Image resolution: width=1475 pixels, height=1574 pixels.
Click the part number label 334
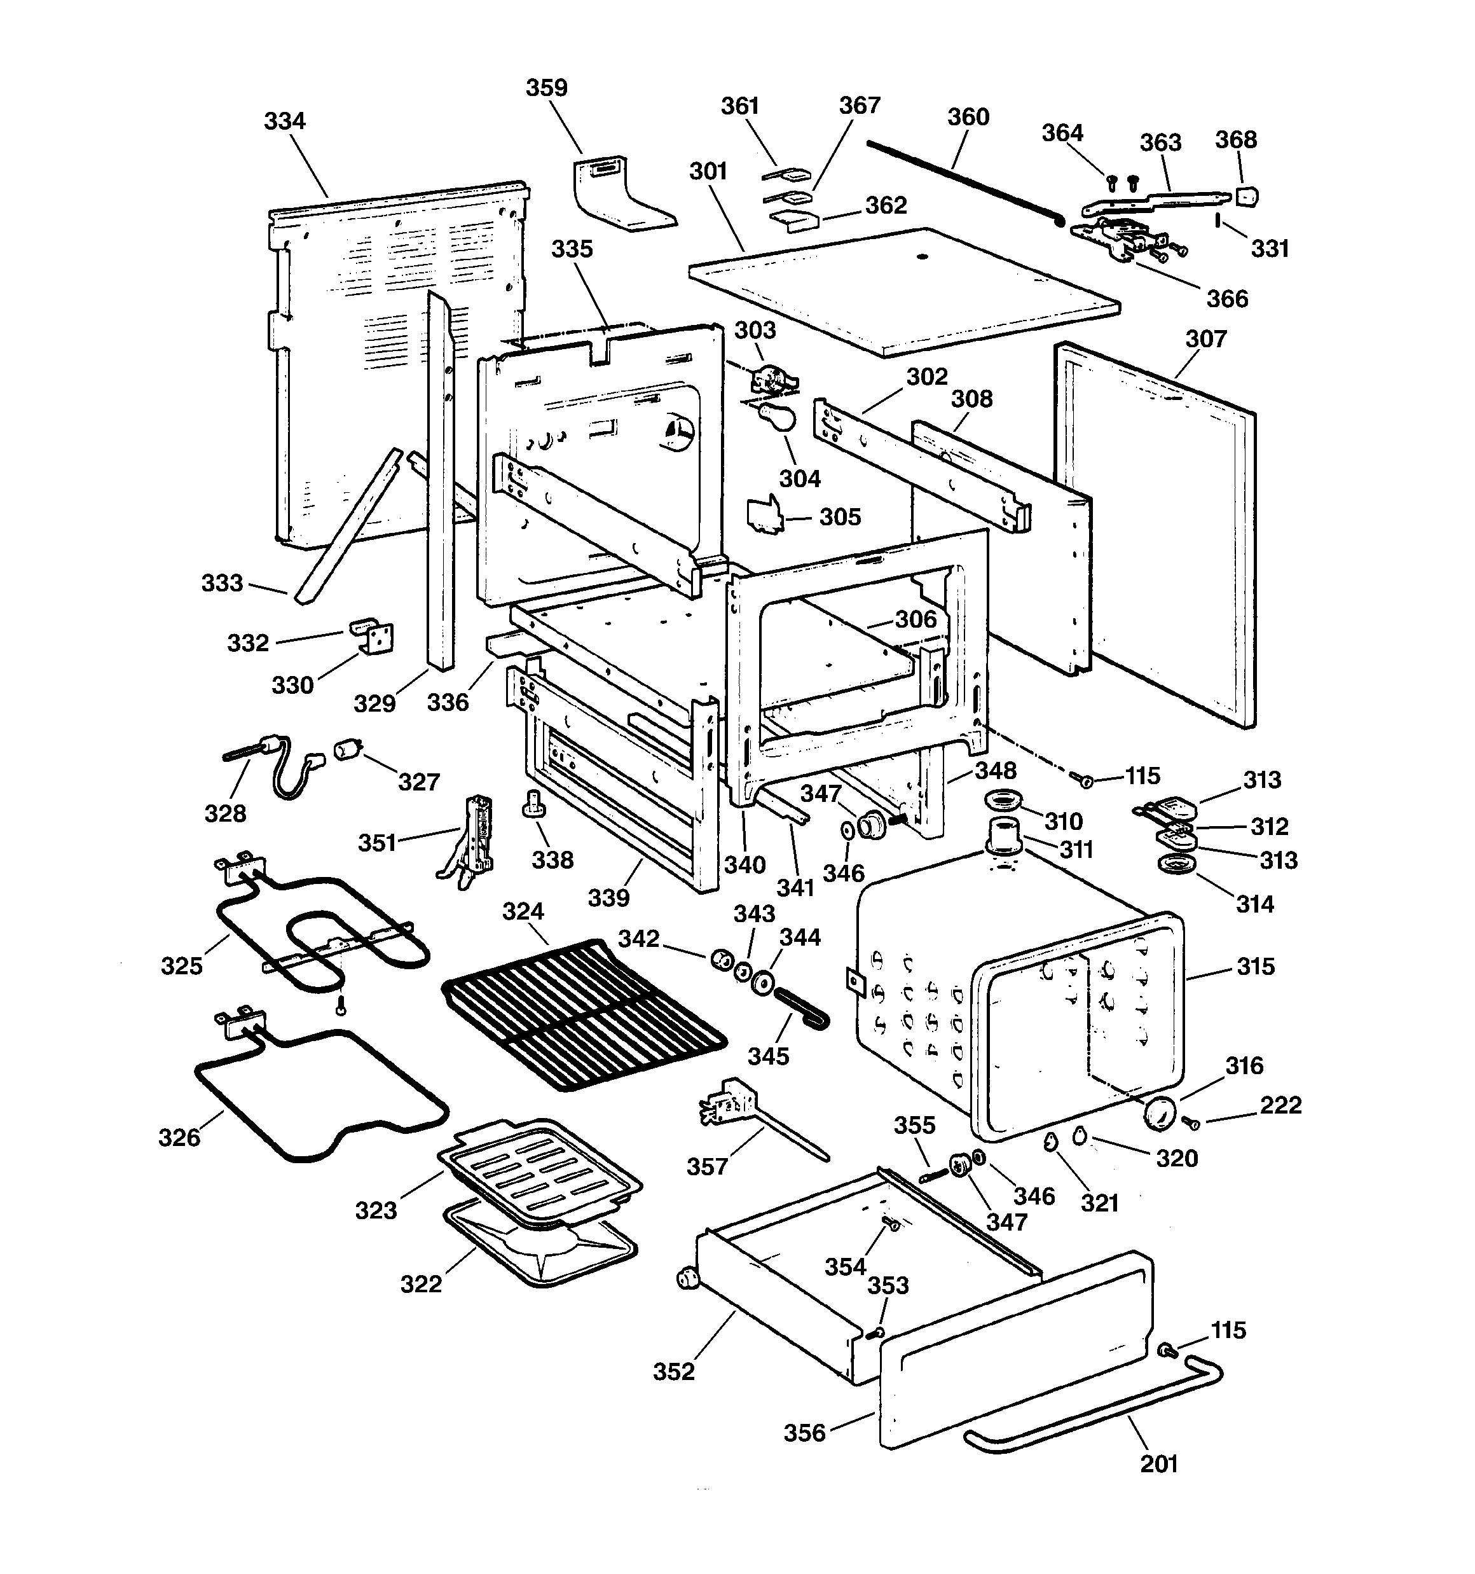[284, 121]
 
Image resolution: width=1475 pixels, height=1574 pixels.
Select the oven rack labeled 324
[584, 1014]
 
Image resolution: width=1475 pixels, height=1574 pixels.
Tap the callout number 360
[968, 117]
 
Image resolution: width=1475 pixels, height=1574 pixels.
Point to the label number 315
[1256, 967]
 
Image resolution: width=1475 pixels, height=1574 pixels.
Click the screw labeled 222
[1190, 1122]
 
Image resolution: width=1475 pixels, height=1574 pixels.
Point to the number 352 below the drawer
[674, 1371]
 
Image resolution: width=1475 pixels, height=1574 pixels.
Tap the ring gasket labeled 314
[1176, 865]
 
